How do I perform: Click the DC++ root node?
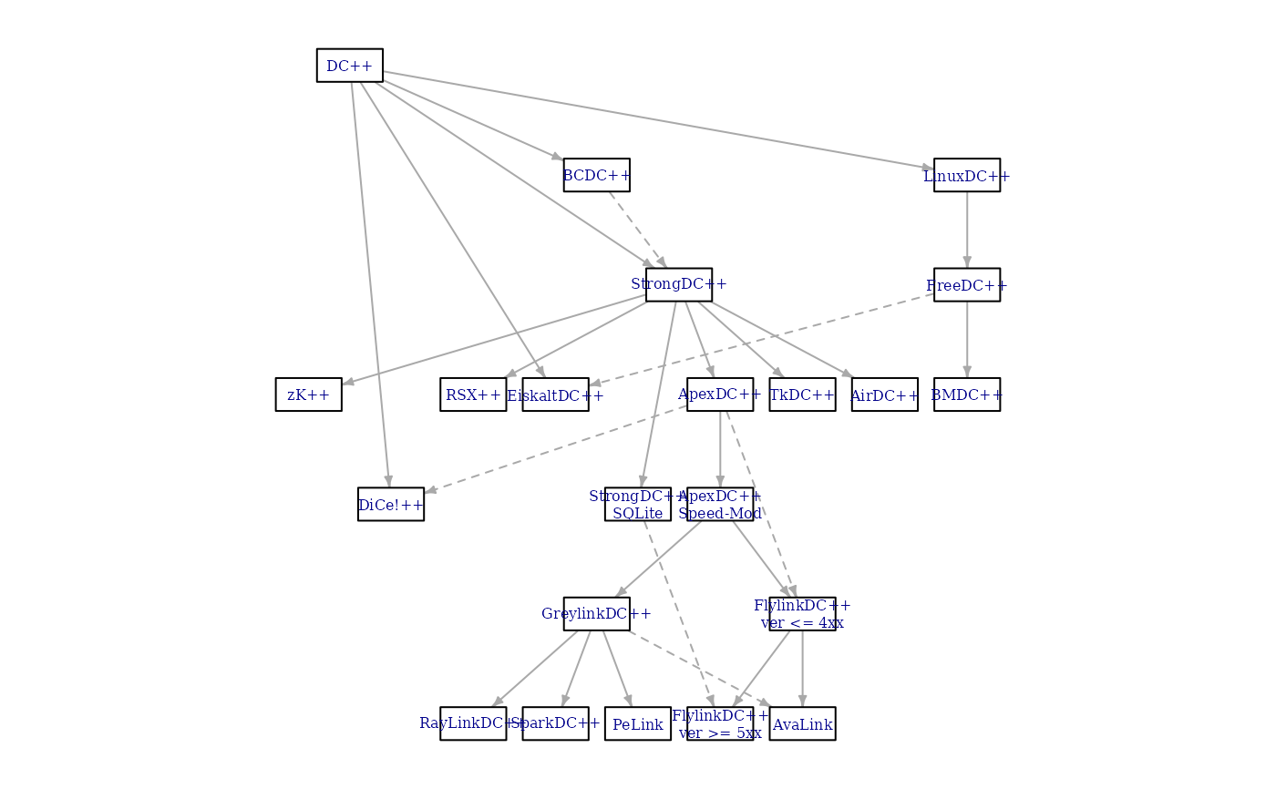[349, 66]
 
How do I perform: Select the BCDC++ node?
[596, 175]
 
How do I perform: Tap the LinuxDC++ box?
[966, 175]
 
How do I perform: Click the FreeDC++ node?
[966, 285]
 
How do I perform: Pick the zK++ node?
[308, 394]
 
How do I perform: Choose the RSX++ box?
[473, 394]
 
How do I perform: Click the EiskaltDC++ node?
[555, 394]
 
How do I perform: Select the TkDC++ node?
[802, 394]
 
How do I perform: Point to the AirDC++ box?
[884, 394]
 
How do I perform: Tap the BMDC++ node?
[966, 394]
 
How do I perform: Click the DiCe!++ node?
[391, 505]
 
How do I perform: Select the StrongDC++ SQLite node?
[638, 505]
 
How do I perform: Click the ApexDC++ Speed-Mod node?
[720, 505]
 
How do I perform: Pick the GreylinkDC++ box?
[596, 614]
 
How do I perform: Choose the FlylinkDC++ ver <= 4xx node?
[802, 614]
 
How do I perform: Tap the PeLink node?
[638, 724]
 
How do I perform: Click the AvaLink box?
[802, 724]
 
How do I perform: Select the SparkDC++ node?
[555, 724]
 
